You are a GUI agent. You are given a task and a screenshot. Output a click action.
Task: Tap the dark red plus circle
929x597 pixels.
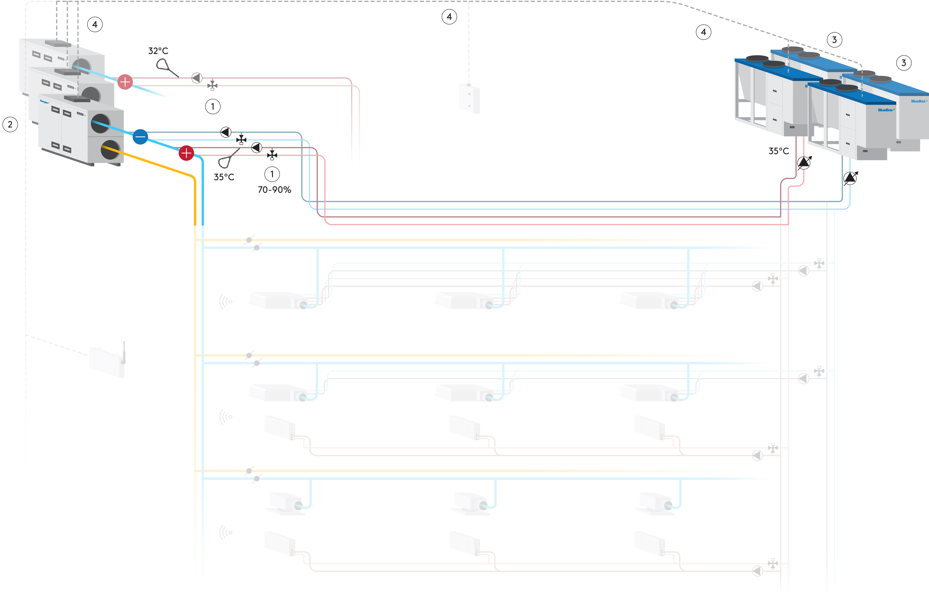[186, 153]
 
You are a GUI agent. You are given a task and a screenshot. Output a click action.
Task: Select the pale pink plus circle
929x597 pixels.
[125, 82]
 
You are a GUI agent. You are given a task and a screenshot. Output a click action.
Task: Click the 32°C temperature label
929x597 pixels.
[158, 51]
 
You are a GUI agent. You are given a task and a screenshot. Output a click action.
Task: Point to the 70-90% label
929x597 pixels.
[274, 190]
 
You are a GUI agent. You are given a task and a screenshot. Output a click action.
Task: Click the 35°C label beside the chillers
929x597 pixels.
[778, 151]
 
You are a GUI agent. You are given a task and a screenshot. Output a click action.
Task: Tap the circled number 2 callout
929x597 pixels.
[10, 124]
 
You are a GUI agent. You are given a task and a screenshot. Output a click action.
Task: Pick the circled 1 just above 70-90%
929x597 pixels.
[272, 174]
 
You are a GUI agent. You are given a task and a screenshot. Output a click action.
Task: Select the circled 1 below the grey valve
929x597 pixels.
[213, 106]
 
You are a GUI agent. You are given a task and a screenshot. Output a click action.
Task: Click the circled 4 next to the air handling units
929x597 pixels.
[95, 24]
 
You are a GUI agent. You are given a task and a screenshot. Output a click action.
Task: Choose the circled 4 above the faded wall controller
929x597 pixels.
[449, 17]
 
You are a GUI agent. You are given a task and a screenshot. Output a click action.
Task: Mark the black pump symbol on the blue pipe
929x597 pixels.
[226, 132]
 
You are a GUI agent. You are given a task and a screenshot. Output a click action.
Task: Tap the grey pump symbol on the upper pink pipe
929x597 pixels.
[197, 78]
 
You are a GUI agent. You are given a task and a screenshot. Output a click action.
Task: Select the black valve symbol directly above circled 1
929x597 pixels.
[272, 155]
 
